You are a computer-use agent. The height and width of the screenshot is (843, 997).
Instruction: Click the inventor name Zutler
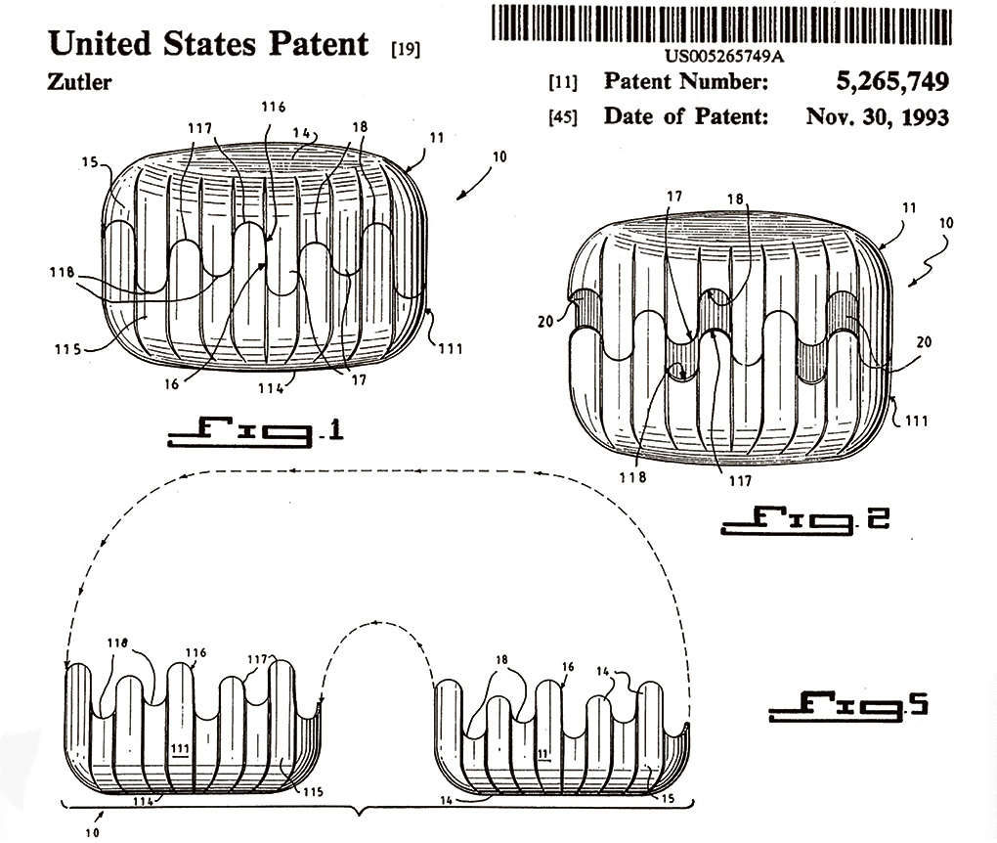tap(79, 82)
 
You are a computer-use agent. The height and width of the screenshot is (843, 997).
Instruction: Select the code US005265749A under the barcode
tap(723, 56)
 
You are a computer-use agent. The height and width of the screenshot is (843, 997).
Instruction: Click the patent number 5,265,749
tap(892, 81)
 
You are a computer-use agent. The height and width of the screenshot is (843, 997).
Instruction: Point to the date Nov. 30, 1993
tap(878, 117)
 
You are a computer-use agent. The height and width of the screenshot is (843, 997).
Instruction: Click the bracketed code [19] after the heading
tap(405, 49)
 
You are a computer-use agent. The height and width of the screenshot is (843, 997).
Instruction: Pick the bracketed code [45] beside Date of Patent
tap(563, 117)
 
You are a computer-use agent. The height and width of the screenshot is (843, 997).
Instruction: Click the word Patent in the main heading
tap(319, 44)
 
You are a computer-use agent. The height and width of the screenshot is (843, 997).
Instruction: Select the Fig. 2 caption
tap(804, 519)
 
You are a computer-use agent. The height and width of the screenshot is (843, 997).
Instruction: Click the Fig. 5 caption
tap(848, 706)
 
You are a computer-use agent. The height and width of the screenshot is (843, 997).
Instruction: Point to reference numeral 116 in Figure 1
tap(273, 107)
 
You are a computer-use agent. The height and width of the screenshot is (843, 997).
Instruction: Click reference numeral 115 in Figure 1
tap(67, 349)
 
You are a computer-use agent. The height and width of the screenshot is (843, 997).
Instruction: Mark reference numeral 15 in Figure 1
tap(90, 163)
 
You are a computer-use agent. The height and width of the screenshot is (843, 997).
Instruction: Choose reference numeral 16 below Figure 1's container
tap(172, 384)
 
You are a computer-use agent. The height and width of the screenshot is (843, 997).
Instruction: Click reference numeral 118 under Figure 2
tap(632, 476)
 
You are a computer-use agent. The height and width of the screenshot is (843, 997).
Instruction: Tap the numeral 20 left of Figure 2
tap(545, 322)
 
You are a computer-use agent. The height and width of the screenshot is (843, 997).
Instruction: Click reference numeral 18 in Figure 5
tap(501, 660)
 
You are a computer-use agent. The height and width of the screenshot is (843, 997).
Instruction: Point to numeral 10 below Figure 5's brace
tap(92, 832)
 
